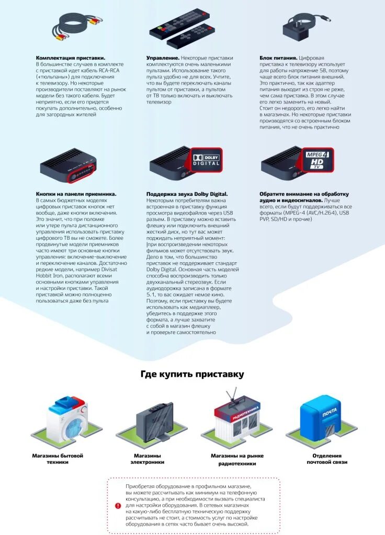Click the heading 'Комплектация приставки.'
click(x=71, y=57)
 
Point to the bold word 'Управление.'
click(x=163, y=57)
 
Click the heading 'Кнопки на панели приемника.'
click(x=76, y=194)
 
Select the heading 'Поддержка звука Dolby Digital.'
click(x=187, y=194)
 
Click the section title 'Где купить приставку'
click(x=192, y=374)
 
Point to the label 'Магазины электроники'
click(x=147, y=459)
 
